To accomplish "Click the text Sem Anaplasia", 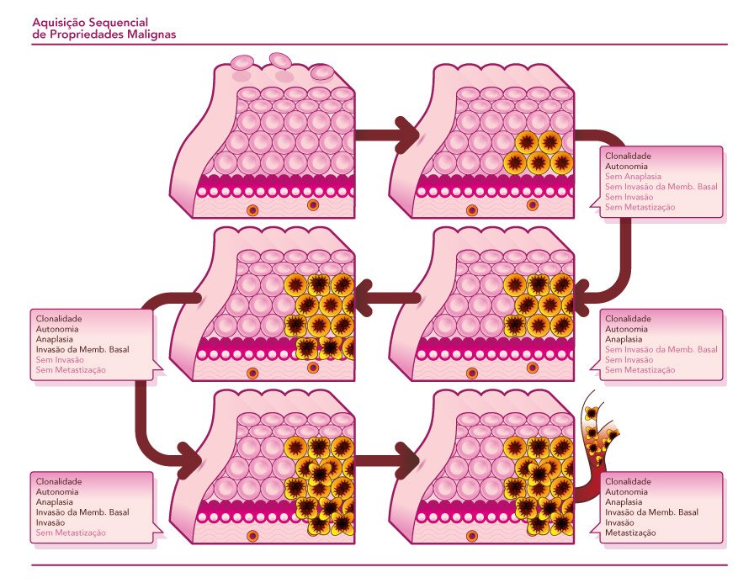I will [633, 177].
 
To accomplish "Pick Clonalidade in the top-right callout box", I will [628, 156].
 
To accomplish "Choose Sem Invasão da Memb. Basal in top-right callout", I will [661, 187].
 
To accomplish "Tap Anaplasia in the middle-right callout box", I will [624, 339].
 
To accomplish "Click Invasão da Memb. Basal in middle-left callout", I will [82, 349].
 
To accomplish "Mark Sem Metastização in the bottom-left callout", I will [71, 532].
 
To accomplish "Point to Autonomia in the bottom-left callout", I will [57, 491].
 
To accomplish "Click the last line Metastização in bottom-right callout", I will [630, 532].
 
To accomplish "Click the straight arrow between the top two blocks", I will [384, 134].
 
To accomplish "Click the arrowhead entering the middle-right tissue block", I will [589, 295].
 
